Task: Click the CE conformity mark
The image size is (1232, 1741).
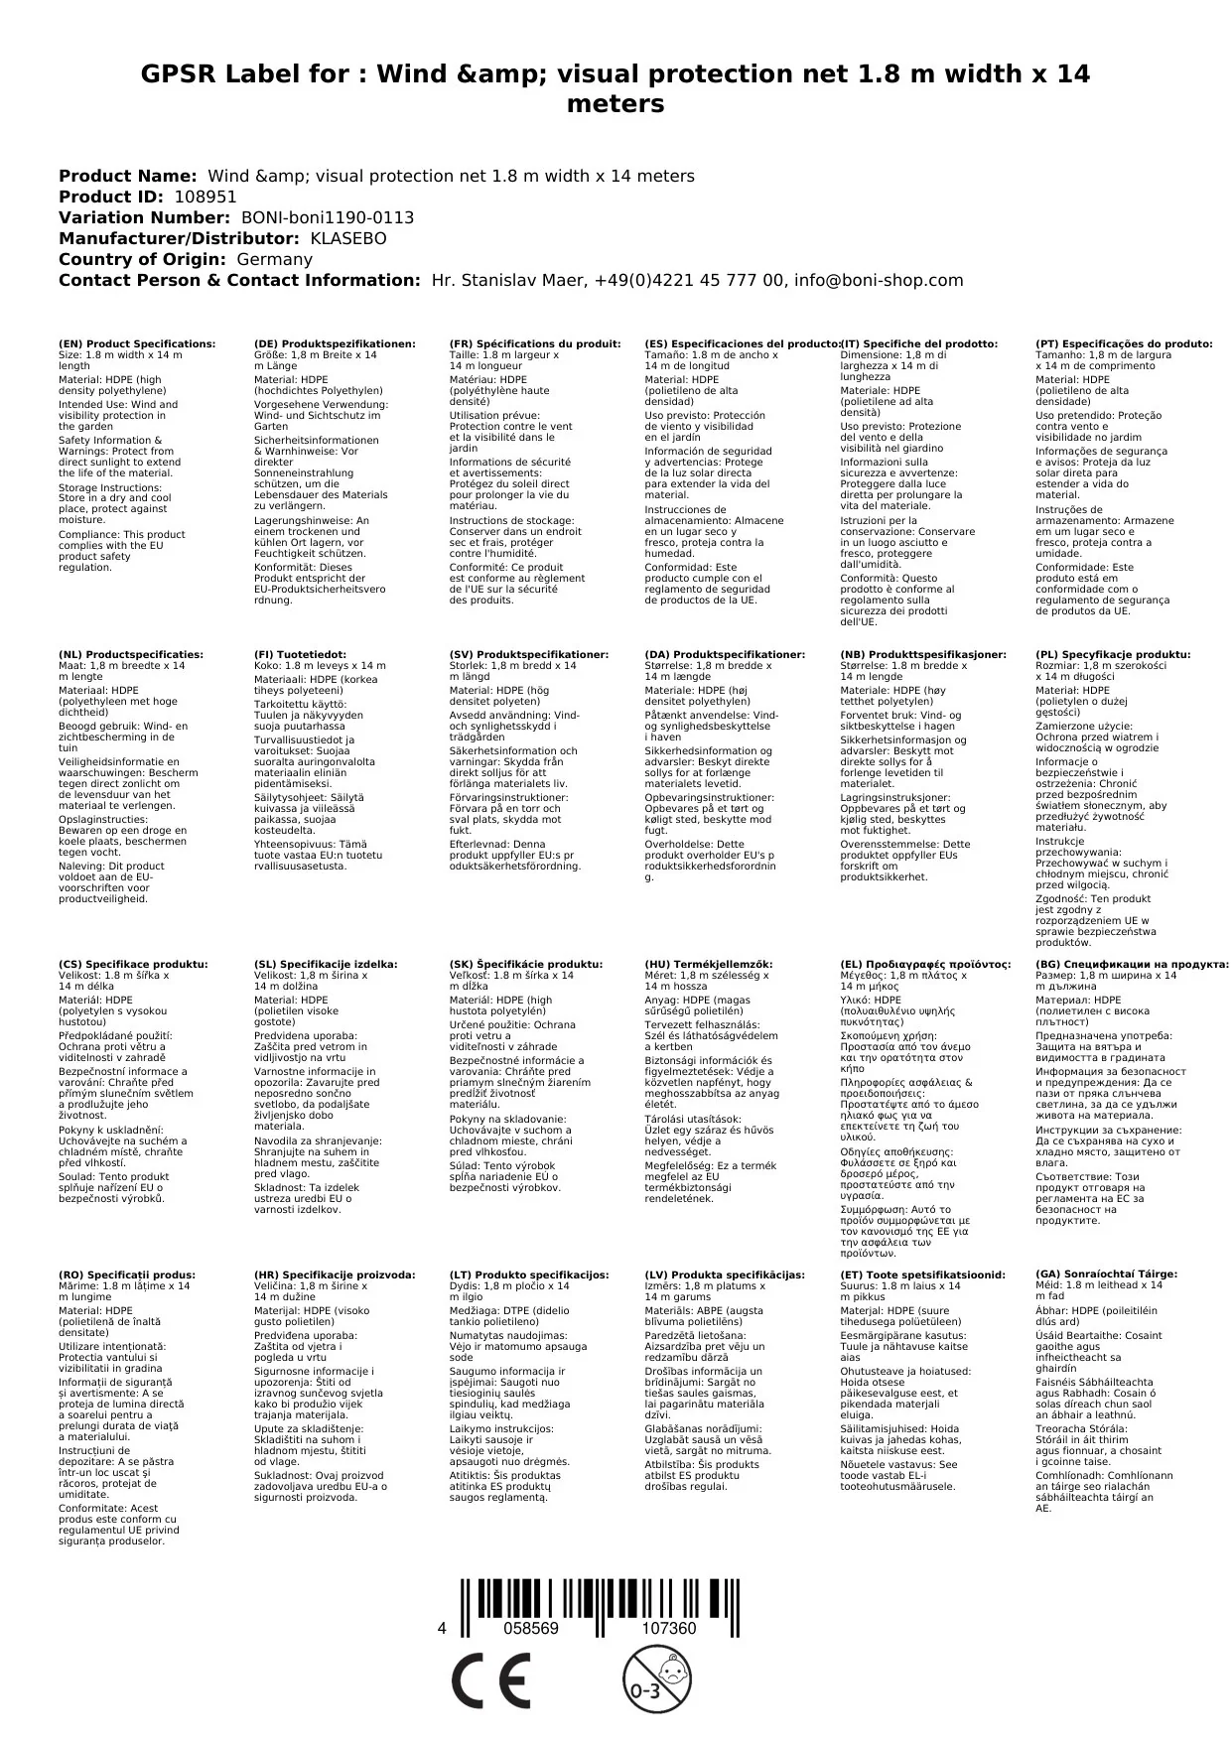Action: (490, 1681)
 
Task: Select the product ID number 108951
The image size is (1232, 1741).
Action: (205, 197)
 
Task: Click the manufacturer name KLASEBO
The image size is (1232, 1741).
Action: (348, 238)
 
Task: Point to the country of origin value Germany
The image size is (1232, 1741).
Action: (274, 259)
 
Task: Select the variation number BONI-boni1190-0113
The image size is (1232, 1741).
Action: (328, 217)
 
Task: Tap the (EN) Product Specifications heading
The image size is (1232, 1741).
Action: (137, 343)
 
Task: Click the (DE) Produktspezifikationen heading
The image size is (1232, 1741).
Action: (335, 343)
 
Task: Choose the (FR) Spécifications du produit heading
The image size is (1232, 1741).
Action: (535, 343)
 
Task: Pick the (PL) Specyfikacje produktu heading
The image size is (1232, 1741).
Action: (1113, 655)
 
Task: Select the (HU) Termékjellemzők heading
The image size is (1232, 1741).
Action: (708, 964)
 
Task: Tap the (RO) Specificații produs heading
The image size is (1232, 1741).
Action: (127, 1274)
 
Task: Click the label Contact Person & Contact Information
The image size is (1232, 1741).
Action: (240, 280)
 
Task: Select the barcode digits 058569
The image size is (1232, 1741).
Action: (531, 1629)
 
